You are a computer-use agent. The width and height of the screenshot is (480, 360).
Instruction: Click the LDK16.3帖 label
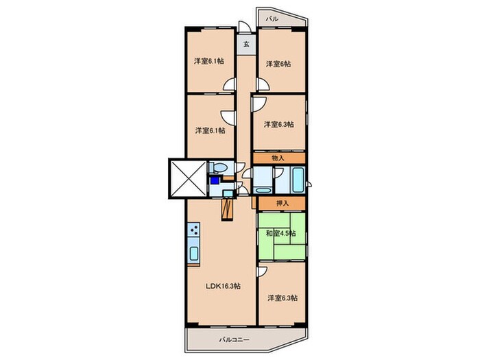[223, 286]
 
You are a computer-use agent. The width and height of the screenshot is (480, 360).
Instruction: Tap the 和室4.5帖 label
[280, 233]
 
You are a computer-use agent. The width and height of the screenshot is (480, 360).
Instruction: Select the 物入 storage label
[278, 158]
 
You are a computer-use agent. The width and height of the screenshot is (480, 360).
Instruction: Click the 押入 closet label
[283, 203]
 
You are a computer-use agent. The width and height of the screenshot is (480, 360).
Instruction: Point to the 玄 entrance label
[246, 44]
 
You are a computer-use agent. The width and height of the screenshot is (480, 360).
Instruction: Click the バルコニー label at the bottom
[235, 340]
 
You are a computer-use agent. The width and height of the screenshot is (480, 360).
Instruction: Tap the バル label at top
[272, 19]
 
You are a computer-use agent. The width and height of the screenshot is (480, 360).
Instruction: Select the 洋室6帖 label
[278, 64]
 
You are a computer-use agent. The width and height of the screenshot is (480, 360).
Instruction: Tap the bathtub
[298, 180]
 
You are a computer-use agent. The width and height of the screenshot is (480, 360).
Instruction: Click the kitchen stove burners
[194, 229]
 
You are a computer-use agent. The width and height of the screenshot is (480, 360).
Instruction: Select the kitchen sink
[194, 253]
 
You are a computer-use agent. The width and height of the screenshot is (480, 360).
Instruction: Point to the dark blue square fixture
[215, 180]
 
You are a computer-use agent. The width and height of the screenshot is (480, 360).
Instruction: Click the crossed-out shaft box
[188, 179]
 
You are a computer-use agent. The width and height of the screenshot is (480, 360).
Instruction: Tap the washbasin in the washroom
[228, 193]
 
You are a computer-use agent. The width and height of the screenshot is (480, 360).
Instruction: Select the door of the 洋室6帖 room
[262, 84]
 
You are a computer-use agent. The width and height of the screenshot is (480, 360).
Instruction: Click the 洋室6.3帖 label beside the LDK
[283, 298]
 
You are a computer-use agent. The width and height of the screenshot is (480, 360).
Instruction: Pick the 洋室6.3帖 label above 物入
[279, 125]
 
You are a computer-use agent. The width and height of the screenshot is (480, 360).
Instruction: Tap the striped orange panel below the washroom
[227, 210]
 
